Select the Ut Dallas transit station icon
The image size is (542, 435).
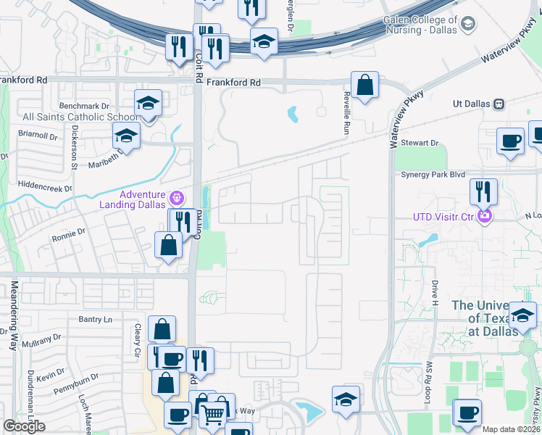coord(499,104)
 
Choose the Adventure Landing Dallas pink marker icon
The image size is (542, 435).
coord(175,198)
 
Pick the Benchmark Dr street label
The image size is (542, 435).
coord(88,105)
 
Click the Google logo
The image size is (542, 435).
coord(24,426)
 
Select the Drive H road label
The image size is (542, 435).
coord(435,293)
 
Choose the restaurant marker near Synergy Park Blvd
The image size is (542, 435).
coord(483,193)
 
